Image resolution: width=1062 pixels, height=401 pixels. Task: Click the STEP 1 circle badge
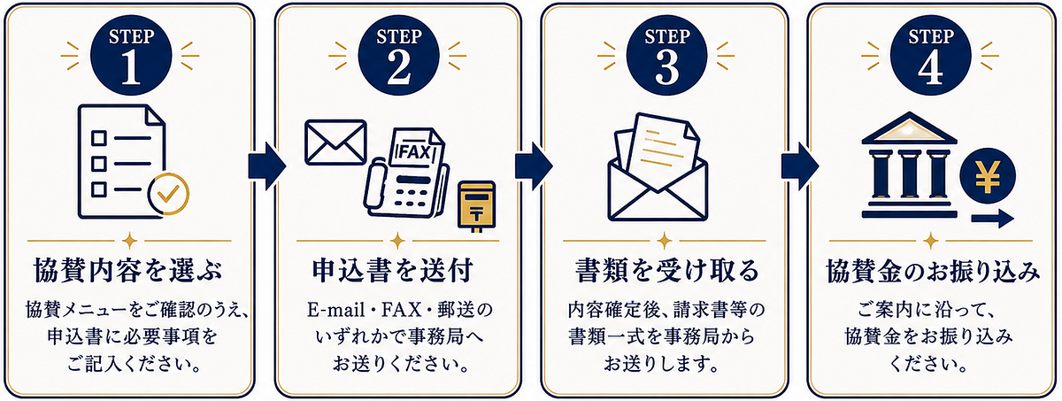pos(131,56)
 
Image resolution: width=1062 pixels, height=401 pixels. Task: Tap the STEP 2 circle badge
pos(398,56)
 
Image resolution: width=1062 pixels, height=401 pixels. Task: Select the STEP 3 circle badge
pos(666,56)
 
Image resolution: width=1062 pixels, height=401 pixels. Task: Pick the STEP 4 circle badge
pos(930,56)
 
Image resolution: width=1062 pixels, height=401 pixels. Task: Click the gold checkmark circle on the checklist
pos(168,194)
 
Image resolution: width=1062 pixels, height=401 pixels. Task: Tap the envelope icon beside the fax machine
pos(335,143)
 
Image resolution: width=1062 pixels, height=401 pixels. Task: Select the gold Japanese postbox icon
pos(476,206)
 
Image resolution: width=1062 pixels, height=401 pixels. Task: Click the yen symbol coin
pos(988,176)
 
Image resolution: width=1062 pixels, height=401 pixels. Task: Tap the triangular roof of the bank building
pos(909,128)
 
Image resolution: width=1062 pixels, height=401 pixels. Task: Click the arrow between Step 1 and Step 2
pos(267,166)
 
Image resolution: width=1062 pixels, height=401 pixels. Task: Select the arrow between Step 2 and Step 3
pos(534,166)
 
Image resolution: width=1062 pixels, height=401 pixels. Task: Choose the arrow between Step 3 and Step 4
pos(800,166)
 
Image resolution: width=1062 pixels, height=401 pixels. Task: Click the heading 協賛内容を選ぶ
pos(128,270)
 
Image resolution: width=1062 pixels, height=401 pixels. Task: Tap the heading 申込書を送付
pos(393,270)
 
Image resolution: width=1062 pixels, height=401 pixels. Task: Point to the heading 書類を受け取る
pos(667,270)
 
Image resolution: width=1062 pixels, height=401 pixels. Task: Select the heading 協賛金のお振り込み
pos(933,271)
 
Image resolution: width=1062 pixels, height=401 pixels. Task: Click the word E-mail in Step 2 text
pos(336,310)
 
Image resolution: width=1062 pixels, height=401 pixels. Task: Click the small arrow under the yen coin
pos(993,219)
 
